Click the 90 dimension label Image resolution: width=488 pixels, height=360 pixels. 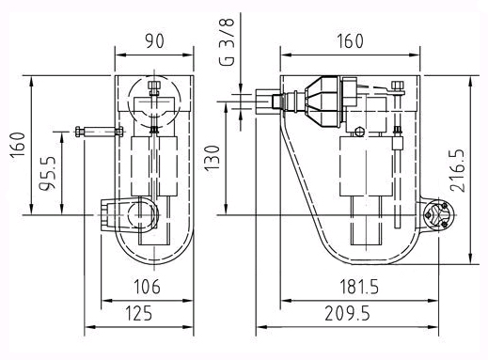click(154, 40)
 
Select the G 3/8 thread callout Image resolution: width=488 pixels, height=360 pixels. click(227, 41)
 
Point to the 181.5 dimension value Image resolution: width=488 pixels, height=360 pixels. click(359, 287)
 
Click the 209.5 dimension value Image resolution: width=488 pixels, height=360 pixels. click(347, 313)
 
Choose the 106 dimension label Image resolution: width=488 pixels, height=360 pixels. click(147, 287)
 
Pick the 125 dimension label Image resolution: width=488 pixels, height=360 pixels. click(139, 313)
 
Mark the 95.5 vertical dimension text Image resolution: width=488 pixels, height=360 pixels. click(47, 173)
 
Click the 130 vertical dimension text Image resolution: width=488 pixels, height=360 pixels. click(213, 158)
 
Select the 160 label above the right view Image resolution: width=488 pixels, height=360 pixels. click(350, 40)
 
